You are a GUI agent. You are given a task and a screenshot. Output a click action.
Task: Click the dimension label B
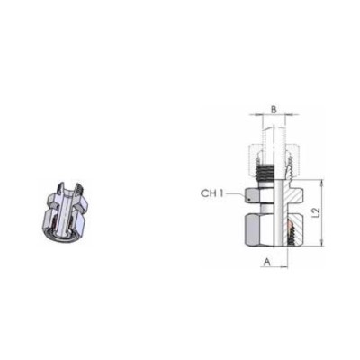(274, 110)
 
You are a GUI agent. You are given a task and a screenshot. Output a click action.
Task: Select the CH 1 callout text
(212, 193)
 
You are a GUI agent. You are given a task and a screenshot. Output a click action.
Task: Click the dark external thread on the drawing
(265, 174)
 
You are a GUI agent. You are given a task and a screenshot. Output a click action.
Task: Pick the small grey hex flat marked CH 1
(252, 195)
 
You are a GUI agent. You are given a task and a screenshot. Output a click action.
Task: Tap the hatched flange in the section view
(291, 194)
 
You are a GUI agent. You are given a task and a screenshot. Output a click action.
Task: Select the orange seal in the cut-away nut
(289, 227)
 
